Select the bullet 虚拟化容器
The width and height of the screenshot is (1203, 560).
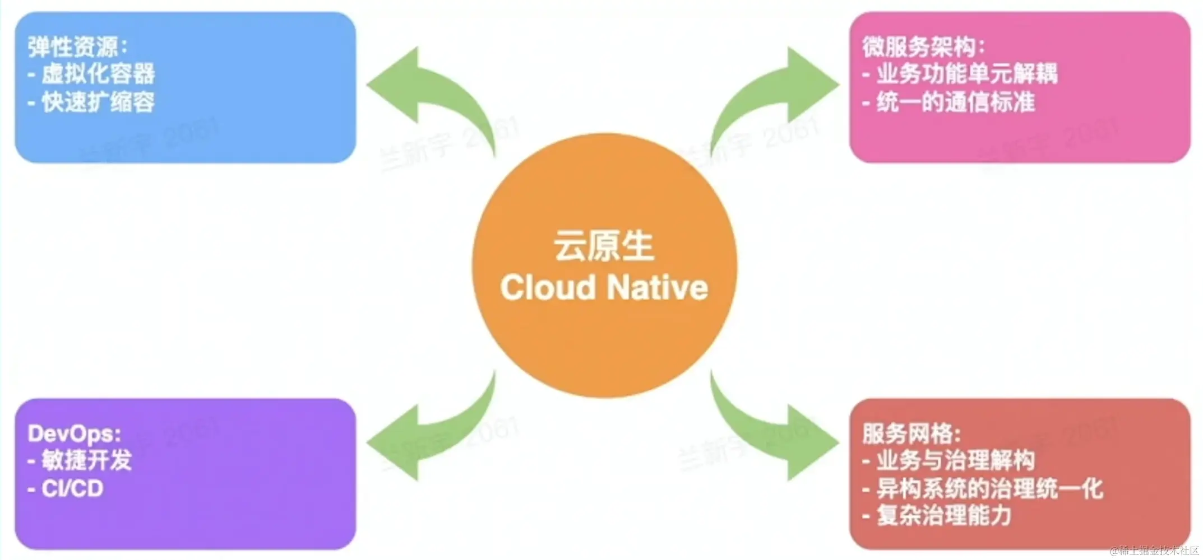pos(98,74)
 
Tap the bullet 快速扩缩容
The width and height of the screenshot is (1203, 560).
pos(98,102)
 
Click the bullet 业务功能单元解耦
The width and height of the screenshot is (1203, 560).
pos(966,74)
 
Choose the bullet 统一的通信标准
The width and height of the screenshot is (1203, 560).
pos(955,102)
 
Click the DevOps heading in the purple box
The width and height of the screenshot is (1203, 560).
pos(74,433)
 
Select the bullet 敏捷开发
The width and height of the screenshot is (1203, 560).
pos(86,460)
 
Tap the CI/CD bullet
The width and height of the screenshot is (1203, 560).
pos(72,489)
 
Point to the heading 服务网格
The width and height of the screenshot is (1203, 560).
pos(911,433)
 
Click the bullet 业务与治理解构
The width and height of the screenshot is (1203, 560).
pos(955,460)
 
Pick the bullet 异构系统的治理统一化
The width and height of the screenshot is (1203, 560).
pos(989,489)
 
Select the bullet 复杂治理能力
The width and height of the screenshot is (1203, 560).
pos(944,516)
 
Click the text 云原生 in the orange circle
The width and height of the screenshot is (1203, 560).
pos(604,246)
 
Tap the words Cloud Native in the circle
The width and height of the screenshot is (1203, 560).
pos(604,288)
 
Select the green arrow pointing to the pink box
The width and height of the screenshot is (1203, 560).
pos(776,92)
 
